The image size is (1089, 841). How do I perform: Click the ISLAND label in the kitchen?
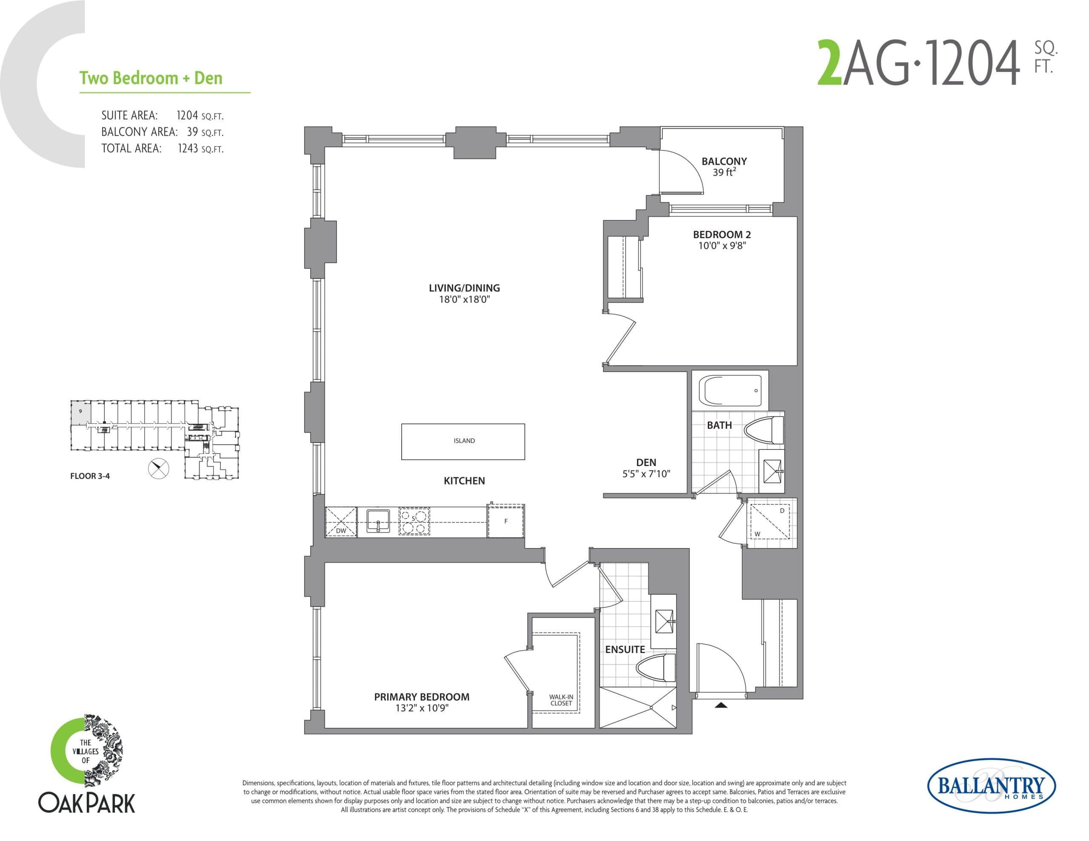pos(464,440)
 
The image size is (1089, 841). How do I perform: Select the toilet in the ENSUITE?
pos(656,668)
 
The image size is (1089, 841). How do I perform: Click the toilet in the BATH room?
pos(764,430)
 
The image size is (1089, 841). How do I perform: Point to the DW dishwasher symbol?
pos(341,522)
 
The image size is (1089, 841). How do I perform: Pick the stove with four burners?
pos(414,521)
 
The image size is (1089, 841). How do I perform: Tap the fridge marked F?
pos(506,521)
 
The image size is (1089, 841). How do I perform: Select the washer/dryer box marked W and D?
pos(770,522)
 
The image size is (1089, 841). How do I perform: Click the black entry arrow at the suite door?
pos(721,705)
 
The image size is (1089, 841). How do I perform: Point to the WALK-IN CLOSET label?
pos(561,700)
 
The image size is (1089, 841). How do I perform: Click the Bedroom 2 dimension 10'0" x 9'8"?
pos(721,246)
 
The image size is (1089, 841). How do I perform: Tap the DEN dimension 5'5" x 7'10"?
pos(646,474)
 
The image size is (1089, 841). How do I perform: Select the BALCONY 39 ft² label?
pos(724,167)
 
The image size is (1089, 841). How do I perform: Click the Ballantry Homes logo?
pos(991,786)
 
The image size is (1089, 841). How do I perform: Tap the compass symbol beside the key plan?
pos(159,469)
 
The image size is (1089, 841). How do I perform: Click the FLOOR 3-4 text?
pos(90,476)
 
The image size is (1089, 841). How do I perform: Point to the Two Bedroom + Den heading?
pos(151,78)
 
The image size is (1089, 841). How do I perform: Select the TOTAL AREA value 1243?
pos(188,148)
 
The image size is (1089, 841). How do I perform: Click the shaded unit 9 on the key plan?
pos(80,412)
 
